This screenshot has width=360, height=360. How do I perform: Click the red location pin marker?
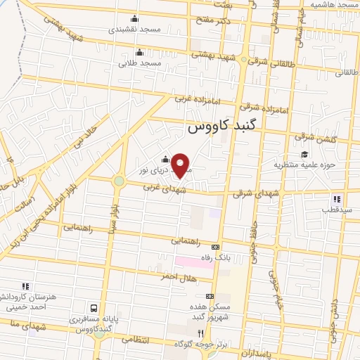click(x=181, y=166)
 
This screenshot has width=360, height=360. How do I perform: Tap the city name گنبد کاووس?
click(x=224, y=129)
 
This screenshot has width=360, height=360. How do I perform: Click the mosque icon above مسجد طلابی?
click(x=139, y=51)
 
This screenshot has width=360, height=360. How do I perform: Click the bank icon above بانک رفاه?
click(x=215, y=247)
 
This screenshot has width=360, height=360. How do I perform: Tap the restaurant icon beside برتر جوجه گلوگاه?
click(x=200, y=334)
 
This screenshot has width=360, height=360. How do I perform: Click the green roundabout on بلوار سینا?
click(x=118, y=181)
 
